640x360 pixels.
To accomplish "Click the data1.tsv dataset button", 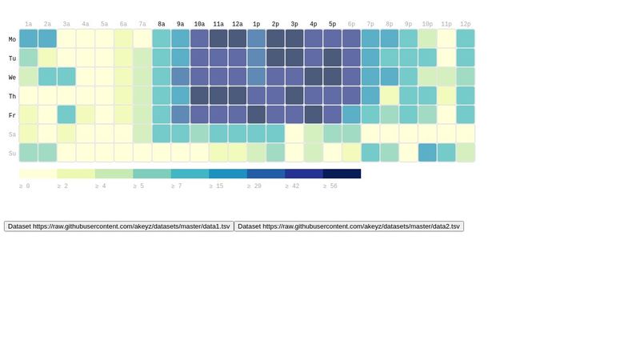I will pyautogui.click(x=119, y=226).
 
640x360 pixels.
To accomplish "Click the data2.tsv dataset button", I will pyautogui.click(x=349, y=226).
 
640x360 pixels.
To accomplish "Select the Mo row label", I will pyautogui.click(x=12, y=39).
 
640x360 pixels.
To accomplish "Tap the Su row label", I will pyautogui.click(x=12, y=154).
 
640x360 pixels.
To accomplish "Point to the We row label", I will pyautogui.click(x=12, y=78).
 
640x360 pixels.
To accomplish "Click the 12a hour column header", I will pyautogui.click(x=238, y=25).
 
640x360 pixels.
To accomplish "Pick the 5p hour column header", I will pyautogui.click(x=333, y=25).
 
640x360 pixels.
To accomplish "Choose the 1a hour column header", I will pyautogui.click(x=29, y=25).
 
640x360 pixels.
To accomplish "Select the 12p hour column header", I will pyautogui.click(x=466, y=25).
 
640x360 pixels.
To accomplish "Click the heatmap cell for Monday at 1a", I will pyautogui.click(x=29, y=38).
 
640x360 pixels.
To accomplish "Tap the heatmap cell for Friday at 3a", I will pyautogui.click(x=66, y=114).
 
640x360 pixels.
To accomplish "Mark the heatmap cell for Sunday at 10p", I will pyautogui.click(x=427, y=153).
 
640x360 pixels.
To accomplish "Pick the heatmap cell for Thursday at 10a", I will pyautogui.click(x=199, y=96).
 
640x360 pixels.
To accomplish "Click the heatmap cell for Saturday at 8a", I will pyautogui.click(x=162, y=134).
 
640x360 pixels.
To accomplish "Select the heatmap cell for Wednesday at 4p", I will pyautogui.click(x=314, y=77).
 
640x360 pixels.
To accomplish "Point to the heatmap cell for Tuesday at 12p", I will pyautogui.click(x=466, y=58).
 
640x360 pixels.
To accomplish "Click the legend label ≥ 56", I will pyautogui.click(x=330, y=186).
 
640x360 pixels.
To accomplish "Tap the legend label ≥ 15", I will pyautogui.click(x=216, y=186).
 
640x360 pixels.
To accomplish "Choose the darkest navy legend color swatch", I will pyautogui.click(x=342, y=174).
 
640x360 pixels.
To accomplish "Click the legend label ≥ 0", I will pyautogui.click(x=25, y=186).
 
